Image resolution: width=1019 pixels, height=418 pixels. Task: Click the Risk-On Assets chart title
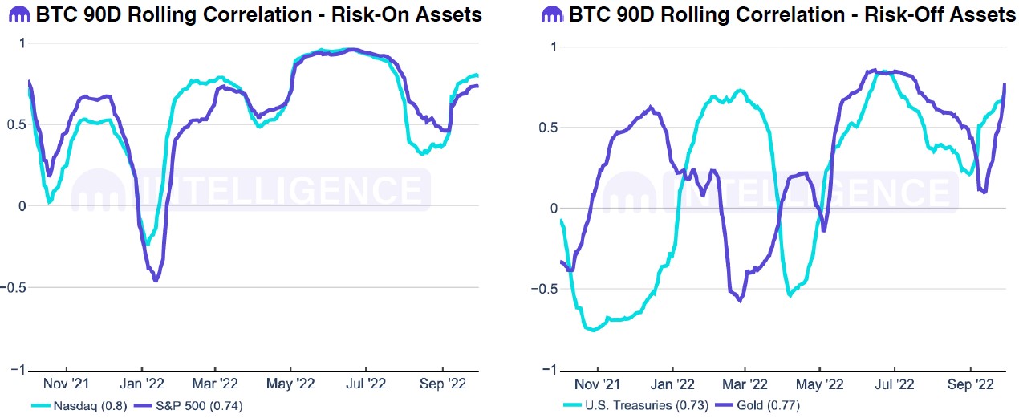tap(255, 14)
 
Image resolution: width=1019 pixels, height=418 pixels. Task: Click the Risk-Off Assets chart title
tap(790, 14)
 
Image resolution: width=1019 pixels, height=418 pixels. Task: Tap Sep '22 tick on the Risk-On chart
tap(444, 384)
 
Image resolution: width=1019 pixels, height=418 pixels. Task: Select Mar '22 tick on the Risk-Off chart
tap(745, 384)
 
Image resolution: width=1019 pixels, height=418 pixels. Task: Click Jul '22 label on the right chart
tap(895, 384)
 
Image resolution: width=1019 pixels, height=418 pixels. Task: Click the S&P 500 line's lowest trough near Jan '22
tap(156, 281)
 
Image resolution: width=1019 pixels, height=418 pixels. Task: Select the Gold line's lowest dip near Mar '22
tap(739, 300)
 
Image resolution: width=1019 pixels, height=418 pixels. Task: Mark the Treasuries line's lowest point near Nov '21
tap(593, 330)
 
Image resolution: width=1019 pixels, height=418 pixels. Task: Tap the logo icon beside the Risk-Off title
tap(552, 14)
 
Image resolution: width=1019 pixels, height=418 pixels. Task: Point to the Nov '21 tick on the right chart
tap(597, 384)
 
